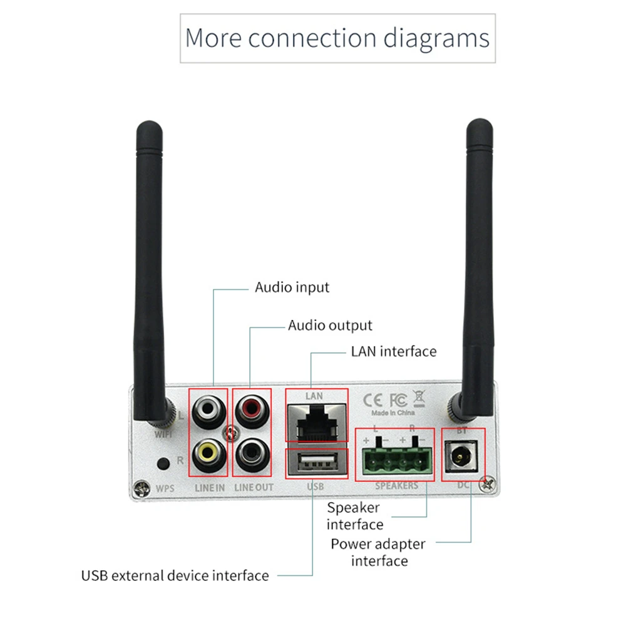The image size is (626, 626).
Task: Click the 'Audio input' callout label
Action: (x=292, y=288)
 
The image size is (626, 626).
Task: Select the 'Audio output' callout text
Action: (x=330, y=326)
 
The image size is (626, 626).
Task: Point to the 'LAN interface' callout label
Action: (x=393, y=351)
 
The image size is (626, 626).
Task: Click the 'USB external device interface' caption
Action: (x=175, y=575)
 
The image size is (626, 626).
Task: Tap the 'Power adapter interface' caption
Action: (x=378, y=552)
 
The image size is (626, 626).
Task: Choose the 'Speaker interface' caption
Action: (x=354, y=516)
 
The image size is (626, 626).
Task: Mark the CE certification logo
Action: (x=374, y=400)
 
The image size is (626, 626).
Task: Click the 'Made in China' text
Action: (x=393, y=413)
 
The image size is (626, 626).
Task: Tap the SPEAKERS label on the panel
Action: (x=396, y=486)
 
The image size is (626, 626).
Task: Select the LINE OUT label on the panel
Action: (x=253, y=486)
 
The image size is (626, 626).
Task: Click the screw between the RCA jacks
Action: (x=231, y=431)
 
